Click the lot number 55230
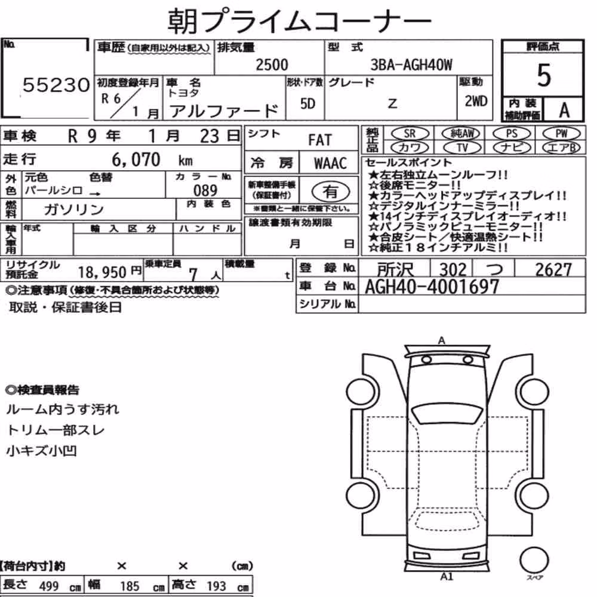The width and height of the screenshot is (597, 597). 56,85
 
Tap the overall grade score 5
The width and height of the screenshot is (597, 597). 544,75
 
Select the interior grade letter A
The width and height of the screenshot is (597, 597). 564,110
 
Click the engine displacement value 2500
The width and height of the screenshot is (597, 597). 272,64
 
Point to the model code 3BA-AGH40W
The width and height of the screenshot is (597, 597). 411,65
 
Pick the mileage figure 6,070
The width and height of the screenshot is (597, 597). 136,159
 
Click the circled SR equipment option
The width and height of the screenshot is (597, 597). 410,134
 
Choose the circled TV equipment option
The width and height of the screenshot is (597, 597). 462,147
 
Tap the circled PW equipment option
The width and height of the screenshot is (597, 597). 561,134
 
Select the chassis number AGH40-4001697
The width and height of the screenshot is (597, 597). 432,287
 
